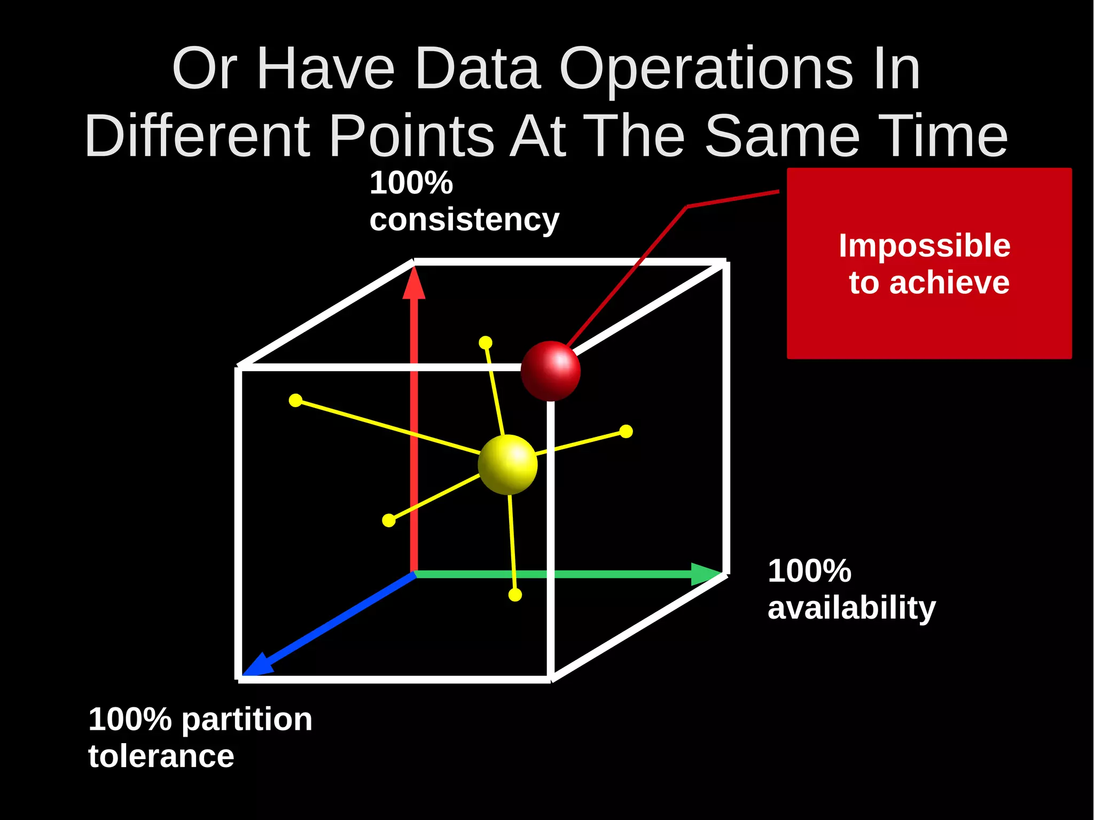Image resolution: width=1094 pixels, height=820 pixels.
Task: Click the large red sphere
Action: pyautogui.click(x=550, y=371)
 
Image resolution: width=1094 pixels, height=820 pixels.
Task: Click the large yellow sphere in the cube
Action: pyautogui.click(x=507, y=464)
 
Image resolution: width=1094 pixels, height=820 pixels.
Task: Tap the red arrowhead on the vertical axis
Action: pyautogui.click(x=413, y=283)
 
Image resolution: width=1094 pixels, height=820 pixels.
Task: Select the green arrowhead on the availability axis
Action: pyautogui.click(x=706, y=574)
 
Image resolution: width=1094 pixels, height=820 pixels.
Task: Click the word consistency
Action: pyautogui.click(x=464, y=220)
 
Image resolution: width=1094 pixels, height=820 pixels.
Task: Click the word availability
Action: pyautogui.click(x=851, y=608)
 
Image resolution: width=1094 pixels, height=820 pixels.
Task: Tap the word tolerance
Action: pyautogui.click(x=161, y=756)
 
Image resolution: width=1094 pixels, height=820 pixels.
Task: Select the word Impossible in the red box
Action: pyautogui.click(x=924, y=246)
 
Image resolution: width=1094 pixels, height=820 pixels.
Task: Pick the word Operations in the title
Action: pyautogui.click(x=706, y=69)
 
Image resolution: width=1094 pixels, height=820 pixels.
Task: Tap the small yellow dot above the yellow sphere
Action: pyautogui.click(x=486, y=342)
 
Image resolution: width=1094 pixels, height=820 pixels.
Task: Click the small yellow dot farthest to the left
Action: pyautogui.click(x=295, y=400)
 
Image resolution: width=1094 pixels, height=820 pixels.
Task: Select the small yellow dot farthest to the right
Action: pyautogui.click(x=626, y=431)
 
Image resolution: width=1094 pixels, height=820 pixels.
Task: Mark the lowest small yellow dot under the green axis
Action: pyautogui.click(x=515, y=595)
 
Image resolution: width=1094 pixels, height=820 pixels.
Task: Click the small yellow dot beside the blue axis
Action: pyautogui.click(x=389, y=520)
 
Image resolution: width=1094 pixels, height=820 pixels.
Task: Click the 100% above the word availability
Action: pyautogui.click(x=809, y=571)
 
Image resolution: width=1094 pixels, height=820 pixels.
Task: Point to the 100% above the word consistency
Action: pyautogui.click(x=411, y=183)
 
